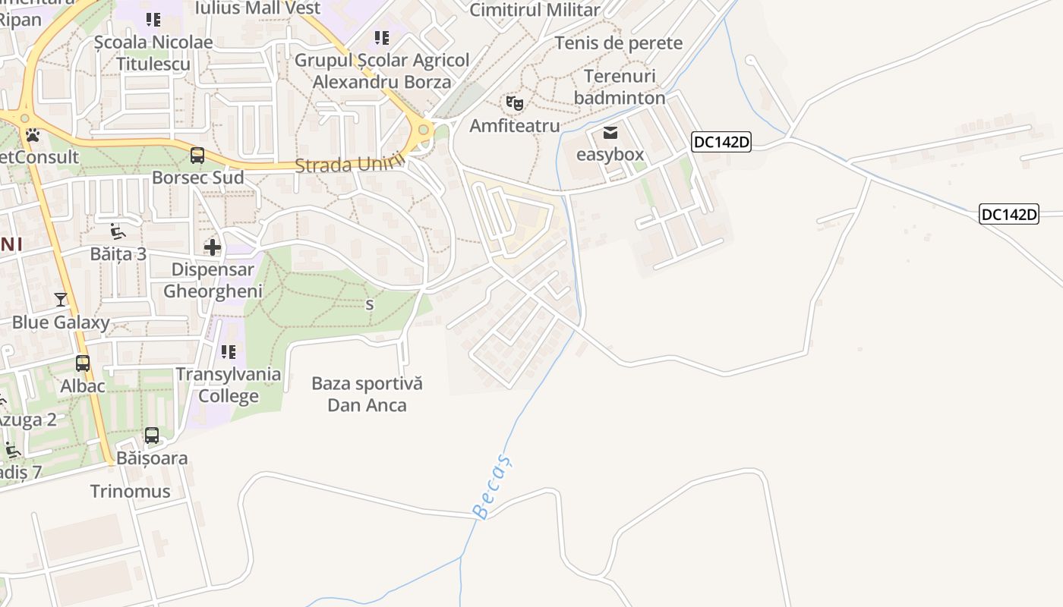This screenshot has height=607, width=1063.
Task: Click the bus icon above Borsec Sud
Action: pos(197,156)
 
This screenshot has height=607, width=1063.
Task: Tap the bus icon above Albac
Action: pos(83,363)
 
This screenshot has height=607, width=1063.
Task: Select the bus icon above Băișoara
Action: pos(152,436)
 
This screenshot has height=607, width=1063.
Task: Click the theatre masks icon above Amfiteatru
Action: pos(515,102)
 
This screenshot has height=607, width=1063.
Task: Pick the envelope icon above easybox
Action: pos(610,134)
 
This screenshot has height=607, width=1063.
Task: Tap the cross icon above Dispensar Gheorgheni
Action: pos(213,247)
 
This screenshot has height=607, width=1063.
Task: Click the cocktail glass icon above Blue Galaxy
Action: pos(61,300)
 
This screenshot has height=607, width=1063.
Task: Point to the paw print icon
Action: pos(33,135)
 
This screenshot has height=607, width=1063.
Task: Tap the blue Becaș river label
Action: pos(493,486)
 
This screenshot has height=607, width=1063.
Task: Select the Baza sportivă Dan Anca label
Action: pos(367,395)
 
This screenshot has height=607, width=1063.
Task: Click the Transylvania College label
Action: pos(228,385)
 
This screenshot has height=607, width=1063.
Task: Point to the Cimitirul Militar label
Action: pos(535,10)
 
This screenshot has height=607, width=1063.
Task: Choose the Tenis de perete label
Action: pos(619,43)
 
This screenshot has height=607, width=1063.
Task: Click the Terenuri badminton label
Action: pos(620,87)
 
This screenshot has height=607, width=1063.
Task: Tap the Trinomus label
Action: pos(131,491)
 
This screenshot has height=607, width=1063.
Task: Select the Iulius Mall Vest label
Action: pos(258,8)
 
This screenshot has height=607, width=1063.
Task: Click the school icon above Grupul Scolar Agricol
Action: pos(382,37)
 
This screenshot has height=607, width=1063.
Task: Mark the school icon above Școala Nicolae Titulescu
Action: pos(153,20)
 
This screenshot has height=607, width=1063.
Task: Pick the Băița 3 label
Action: pos(118,253)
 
